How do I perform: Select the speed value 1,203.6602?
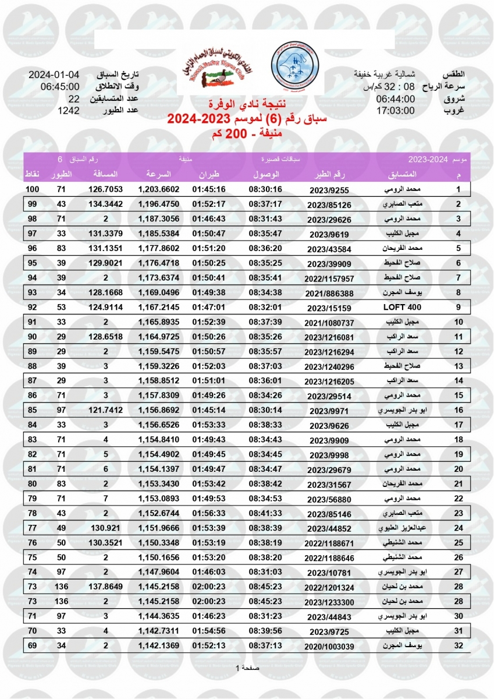[x=159, y=189]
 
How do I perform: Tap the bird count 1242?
[x=69, y=111]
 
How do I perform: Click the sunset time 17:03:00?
[x=395, y=111]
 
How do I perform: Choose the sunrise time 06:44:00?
[x=395, y=99]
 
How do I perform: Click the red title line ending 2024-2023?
[x=247, y=119]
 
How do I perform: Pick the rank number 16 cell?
[x=458, y=410]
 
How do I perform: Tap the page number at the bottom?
[x=247, y=668]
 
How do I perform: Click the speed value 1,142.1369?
[x=159, y=646]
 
